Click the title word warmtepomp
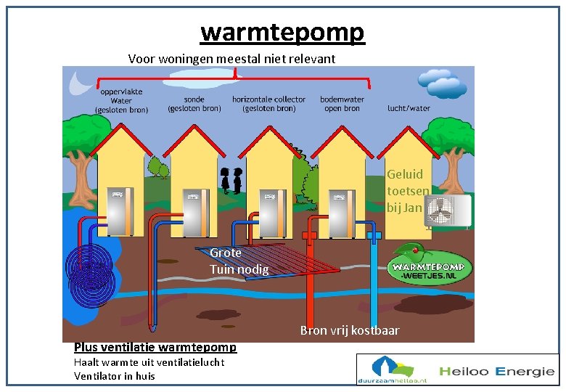282,32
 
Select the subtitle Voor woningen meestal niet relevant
231,58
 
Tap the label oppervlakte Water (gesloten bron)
121,100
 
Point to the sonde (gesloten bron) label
194,104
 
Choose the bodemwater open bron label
342,104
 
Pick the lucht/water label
409,108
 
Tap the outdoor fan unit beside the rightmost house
448,211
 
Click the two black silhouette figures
232,180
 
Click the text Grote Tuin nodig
239,261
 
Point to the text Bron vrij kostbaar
350,330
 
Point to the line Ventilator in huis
115,375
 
